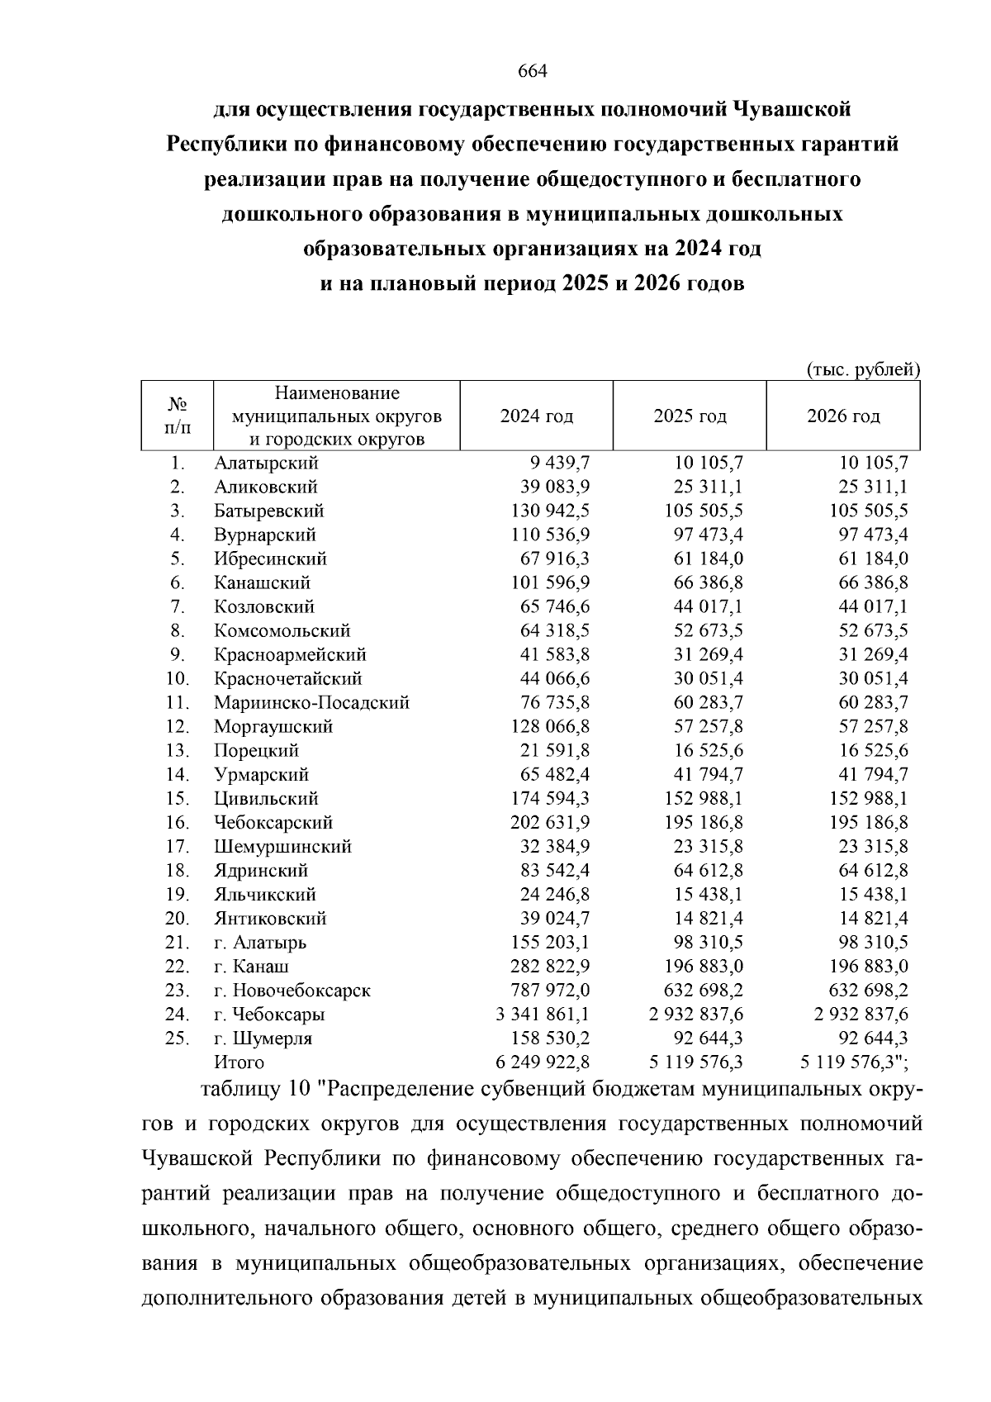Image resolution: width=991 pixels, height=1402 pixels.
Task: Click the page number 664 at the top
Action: tap(532, 71)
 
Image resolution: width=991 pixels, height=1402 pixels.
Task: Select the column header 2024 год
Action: tap(536, 416)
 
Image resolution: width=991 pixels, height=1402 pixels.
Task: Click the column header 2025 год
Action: tap(690, 416)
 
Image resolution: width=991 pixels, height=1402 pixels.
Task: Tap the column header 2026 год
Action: tap(843, 416)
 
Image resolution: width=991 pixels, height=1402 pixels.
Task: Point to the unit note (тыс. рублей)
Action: tap(862, 369)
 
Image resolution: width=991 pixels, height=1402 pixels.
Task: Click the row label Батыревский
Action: tap(268, 511)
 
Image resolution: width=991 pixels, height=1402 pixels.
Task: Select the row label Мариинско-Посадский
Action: tap(311, 703)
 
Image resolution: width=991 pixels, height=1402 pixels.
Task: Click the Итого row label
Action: tap(239, 1062)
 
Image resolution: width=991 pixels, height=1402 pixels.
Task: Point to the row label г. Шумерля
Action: tap(263, 1038)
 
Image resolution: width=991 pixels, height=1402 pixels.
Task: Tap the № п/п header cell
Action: tap(177, 416)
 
